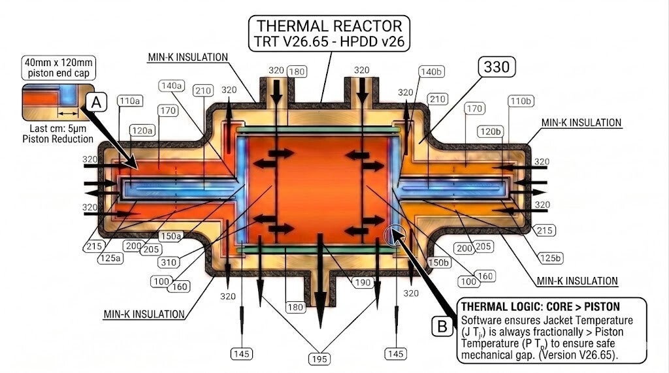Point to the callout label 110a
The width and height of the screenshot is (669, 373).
pos(130,101)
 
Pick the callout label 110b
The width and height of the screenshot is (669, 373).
pos(521,101)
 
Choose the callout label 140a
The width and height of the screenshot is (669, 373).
pos(172,86)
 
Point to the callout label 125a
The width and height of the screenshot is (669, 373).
pos(111,259)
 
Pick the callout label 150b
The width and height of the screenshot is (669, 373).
pos(438,262)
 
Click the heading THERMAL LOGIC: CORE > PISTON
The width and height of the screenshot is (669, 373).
pos(540,306)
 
